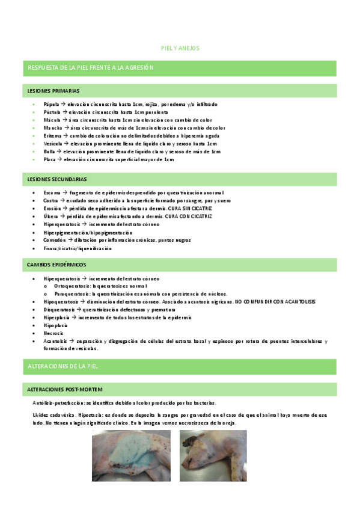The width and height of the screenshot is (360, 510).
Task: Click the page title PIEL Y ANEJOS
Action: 180,48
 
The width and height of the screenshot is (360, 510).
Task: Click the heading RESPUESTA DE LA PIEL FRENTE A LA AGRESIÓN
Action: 91,68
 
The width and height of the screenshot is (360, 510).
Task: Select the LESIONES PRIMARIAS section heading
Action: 53,91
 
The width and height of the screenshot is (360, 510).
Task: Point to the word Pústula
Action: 52,112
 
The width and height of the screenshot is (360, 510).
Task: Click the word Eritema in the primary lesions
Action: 52,136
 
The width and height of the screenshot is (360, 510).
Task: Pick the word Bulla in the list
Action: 50,152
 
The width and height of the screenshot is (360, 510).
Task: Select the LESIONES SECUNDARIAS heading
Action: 57,179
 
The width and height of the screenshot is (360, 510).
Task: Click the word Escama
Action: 52,192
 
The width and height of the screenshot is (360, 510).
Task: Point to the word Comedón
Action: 53,240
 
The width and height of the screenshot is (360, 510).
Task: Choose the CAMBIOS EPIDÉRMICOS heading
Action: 56,264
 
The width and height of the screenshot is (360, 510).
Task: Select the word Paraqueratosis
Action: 72,293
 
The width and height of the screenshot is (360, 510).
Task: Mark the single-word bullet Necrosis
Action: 53,333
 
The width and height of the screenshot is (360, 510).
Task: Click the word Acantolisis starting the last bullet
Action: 55,341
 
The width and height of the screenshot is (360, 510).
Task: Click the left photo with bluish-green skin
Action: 132,455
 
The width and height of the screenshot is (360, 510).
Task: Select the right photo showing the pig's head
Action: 213,455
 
